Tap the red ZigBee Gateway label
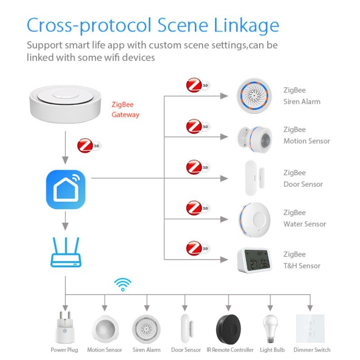[x=125, y=110]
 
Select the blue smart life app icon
[x=66, y=189]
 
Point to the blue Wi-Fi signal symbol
[x=122, y=284]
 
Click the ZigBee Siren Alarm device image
[x=253, y=95]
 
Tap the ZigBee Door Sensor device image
[x=251, y=178]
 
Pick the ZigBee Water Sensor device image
[x=254, y=219]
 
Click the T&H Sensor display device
[x=254, y=260]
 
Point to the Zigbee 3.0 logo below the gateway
[x=89, y=146]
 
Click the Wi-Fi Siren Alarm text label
[x=147, y=350]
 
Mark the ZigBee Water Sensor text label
[x=305, y=218]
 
